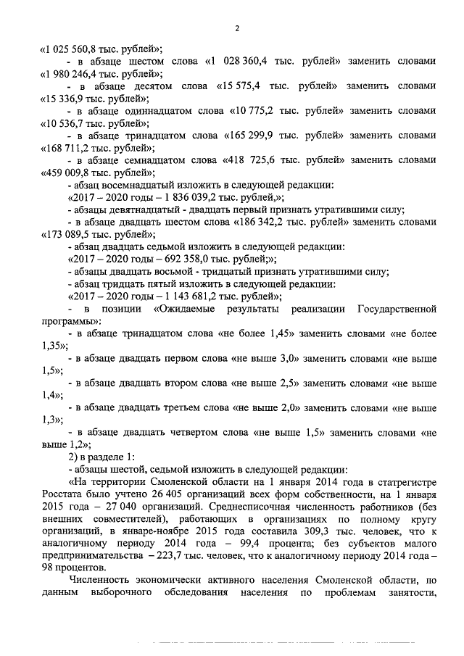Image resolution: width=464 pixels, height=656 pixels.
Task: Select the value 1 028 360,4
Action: [244, 62]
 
